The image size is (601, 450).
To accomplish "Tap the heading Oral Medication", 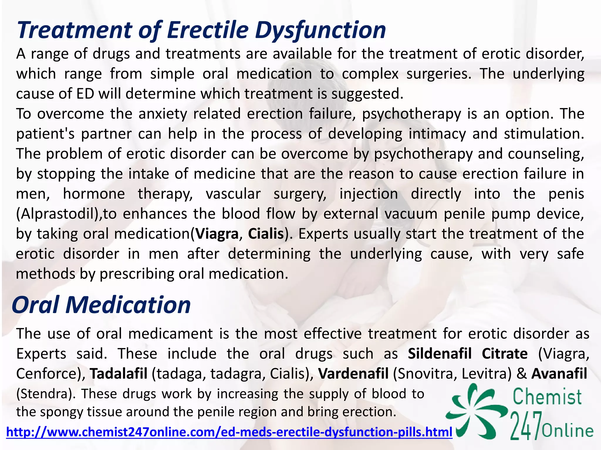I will (101, 305).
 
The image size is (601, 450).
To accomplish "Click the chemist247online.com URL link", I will (229, 432).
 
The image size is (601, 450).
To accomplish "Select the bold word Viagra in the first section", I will (217, 234).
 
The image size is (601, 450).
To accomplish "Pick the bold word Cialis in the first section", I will (266, 234).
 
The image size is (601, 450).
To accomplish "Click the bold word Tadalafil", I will (119, 374).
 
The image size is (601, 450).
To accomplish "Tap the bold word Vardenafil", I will (353, 374).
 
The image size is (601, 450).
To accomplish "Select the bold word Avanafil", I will (559, 374).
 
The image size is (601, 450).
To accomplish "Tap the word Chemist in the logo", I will (547, 397).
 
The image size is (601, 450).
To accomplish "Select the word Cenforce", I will (49, 374).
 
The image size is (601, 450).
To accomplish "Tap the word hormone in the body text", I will (94, 194).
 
